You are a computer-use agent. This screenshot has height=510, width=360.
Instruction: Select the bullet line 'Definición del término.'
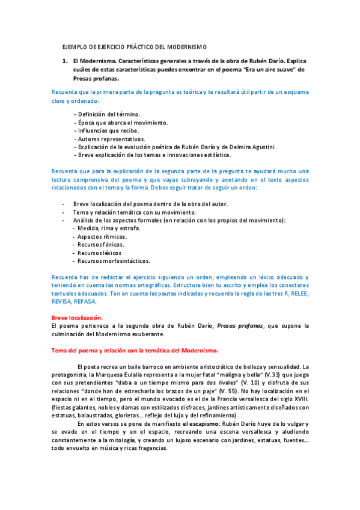pyautogui.click(x=107, y=114)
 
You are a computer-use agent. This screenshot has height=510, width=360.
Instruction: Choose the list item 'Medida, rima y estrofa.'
pyautogui.click(x=106, y=229)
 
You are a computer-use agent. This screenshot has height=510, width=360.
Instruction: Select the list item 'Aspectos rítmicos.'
pyautogui.click(x=98, y=237)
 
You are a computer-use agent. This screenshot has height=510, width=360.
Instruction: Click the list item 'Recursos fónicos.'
pyautogui.click(x=98, y=245)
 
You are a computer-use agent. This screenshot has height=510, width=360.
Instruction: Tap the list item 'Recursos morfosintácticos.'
pyautogui.click(x=111, y=261)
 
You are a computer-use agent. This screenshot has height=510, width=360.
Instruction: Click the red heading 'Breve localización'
pyautogui.click(x=76, y=318)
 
